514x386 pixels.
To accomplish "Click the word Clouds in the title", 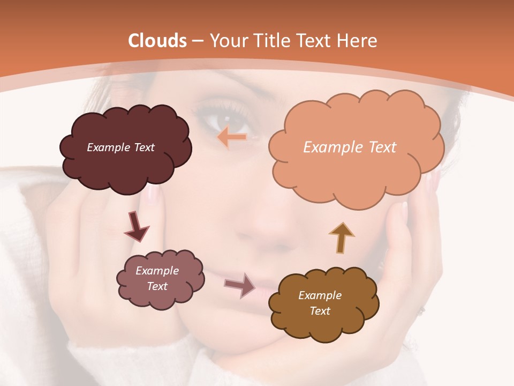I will [x=157, y=41].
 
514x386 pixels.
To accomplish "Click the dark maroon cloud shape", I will [x=125, y=161].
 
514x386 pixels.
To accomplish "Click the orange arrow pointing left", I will [x=232, y=137].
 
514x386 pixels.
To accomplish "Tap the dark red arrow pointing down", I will [x=136, y=227].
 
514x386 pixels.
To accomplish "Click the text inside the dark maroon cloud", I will [x=120, y=147].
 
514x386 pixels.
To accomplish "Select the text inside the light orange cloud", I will [x=350, y=147].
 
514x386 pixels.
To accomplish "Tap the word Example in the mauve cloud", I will [x=157, y=271].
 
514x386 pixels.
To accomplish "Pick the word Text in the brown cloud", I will [x=320, y=311].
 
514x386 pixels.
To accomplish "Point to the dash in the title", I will [x=197, y=41].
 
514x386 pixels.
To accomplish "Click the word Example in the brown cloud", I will [x=320, y=295].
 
